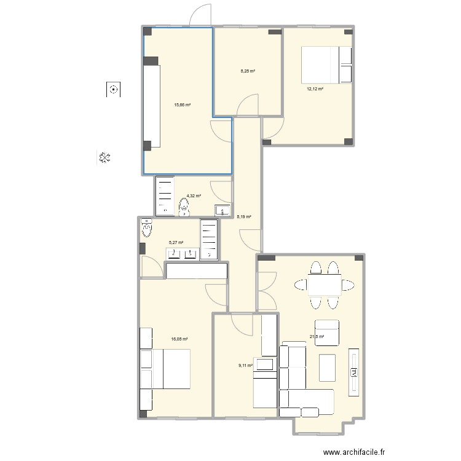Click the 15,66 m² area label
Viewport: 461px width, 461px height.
click(182, 104)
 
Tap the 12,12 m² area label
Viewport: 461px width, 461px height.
click(315, 89)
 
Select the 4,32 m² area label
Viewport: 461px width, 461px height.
click(194, 195)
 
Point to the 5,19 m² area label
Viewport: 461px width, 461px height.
click(244, 216)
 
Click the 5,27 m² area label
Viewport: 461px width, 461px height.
click(176, 242)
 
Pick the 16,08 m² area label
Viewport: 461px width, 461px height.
click(180, 339)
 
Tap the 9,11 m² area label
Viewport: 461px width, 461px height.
click(246, 365)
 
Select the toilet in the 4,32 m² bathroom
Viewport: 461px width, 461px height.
click(184, 209)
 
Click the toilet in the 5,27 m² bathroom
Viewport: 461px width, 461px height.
click(147, 229)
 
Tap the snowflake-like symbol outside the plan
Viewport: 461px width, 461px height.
click(104, 158)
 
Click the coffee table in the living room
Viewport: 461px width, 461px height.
click(327, 368)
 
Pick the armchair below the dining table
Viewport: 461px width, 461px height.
click(328, 329)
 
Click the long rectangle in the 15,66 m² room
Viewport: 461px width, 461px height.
click(152, 105)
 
